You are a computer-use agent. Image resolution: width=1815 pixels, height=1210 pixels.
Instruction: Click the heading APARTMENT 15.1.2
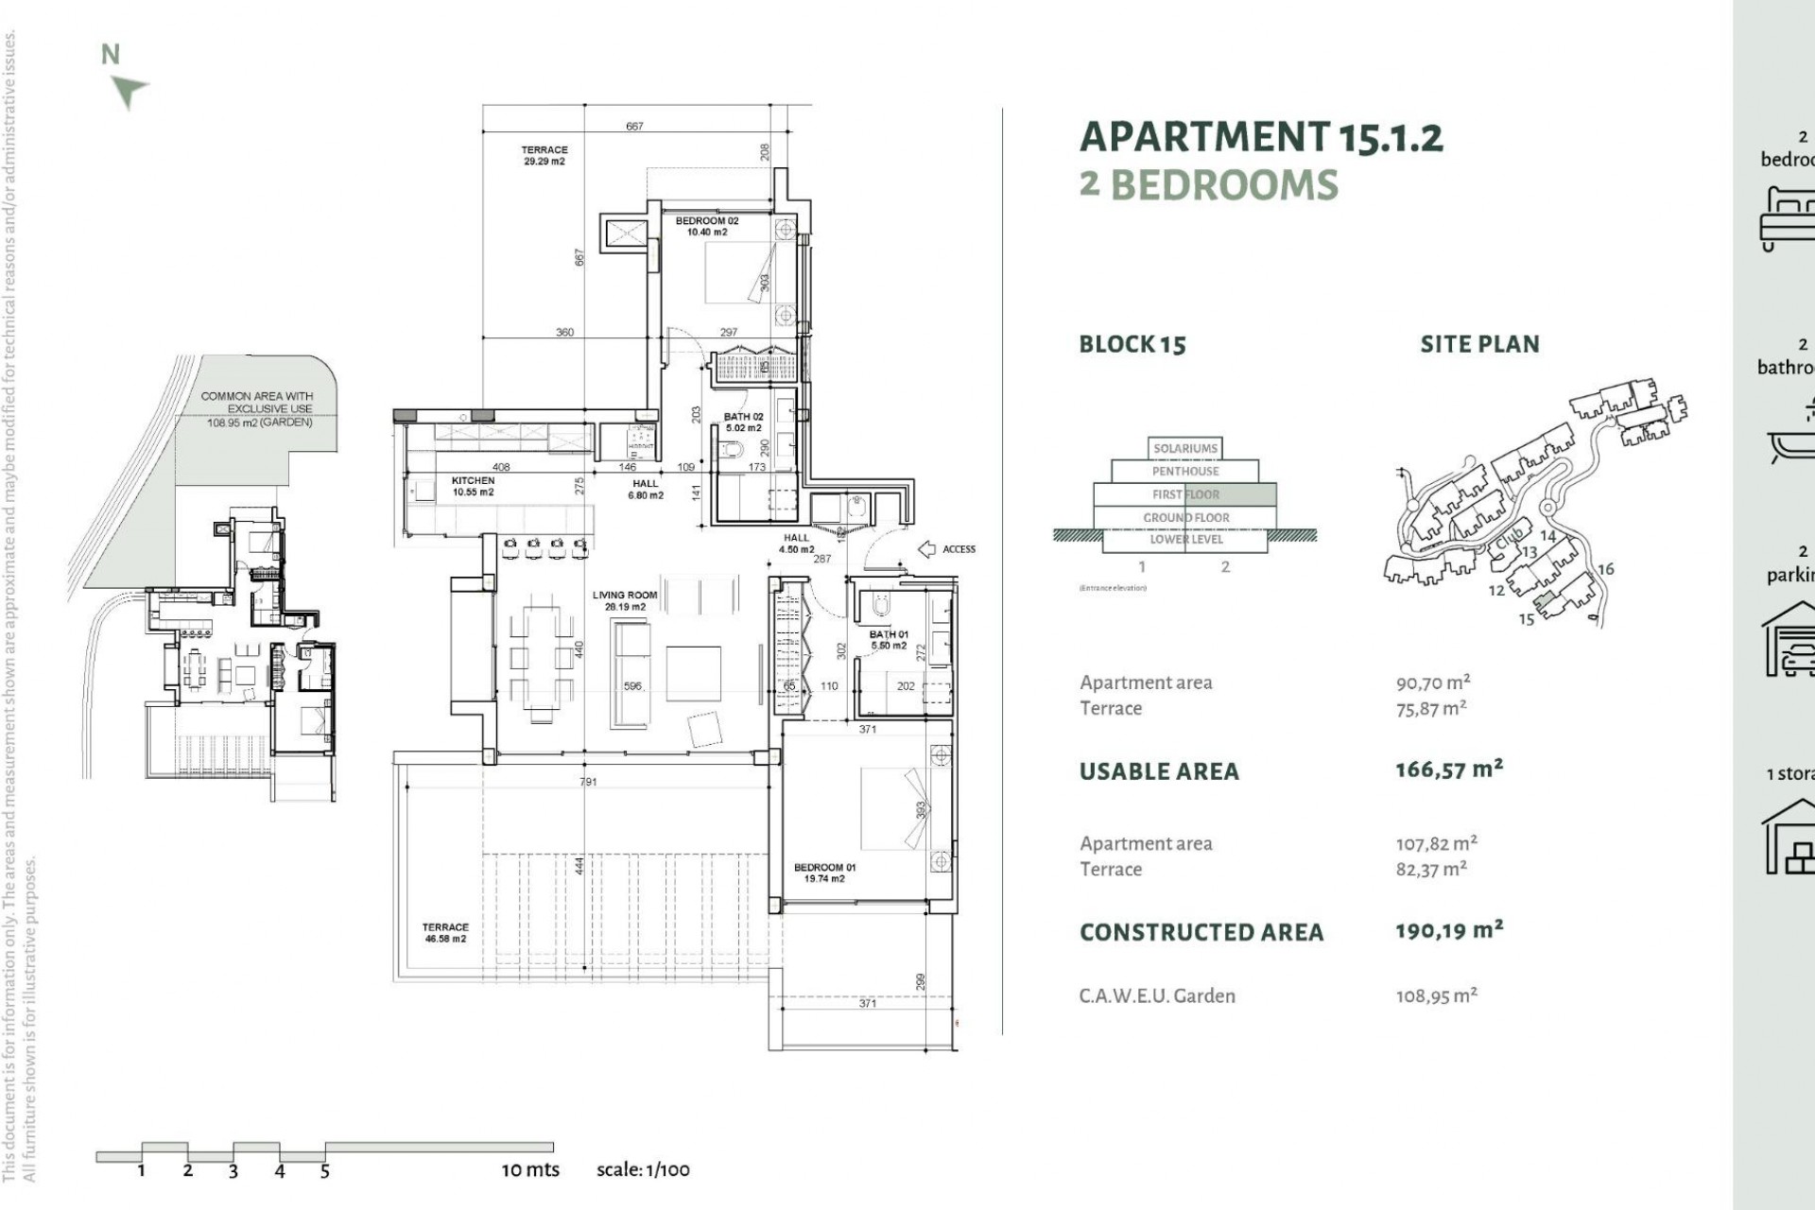tap(1260, 138)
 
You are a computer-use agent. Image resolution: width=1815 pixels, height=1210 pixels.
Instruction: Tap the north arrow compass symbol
tap(128, 91)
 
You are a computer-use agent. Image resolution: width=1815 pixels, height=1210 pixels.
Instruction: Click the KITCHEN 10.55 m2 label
tap(473, 486)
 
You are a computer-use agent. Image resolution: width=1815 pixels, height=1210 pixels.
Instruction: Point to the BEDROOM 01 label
tap(824, 873)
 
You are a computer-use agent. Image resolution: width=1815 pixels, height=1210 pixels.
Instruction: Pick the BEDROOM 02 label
tap(707, 226)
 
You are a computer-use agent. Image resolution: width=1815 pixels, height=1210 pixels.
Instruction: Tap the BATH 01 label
tap(889, 639)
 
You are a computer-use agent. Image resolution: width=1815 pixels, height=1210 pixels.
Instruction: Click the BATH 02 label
tap(743, 422)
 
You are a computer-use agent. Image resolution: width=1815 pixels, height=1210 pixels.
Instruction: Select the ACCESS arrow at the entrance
tap(927, 549)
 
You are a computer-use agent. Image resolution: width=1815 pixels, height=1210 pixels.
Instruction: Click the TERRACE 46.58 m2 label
tap(445, 933)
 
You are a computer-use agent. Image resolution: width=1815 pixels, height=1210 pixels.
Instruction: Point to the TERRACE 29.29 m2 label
tap(544, 155)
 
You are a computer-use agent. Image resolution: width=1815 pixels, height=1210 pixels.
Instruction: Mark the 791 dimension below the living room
tap(588, 782)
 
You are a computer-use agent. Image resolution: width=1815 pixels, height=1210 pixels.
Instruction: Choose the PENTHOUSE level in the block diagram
tap(1184, 471)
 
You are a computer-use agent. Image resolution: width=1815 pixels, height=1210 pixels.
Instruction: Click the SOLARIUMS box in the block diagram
tap(1185, 448)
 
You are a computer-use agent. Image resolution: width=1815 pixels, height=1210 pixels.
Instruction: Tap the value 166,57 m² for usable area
tap(1448, 769)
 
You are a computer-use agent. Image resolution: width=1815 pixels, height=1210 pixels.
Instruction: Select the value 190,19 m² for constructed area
tap(1448, 930)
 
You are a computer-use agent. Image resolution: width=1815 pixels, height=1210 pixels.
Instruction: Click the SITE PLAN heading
tap(1479, 344)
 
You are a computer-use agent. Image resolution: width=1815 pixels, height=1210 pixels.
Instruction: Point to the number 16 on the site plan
tap(1605, 569)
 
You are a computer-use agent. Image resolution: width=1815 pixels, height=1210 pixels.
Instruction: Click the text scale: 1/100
tap(643, 1169)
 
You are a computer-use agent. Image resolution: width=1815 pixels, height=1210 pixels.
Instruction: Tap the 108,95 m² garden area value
tap(1436, 995)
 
